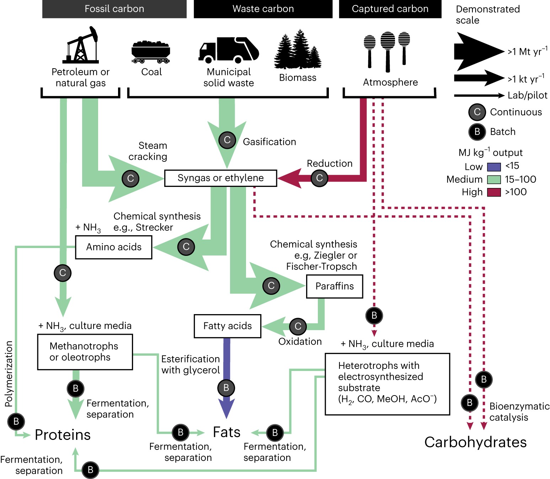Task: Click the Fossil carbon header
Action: pos(114,9)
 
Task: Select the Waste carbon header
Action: pos(263,9)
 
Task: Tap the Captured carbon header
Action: pos(390,9)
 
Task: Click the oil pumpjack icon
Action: pos(81,45)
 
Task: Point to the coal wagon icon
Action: pos(151,52)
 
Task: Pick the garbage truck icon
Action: pos(229,50)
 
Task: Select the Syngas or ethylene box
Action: pos(221,178)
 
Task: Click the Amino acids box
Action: pos(114,247)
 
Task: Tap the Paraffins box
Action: pos(335,286)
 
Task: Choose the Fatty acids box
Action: pos(228,326)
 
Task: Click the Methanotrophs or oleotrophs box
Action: pos(85,352)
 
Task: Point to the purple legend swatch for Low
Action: pos(494,167)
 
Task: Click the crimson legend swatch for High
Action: pos(494,192)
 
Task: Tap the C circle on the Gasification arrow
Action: pos(227,140)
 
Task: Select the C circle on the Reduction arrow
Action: pos(319,178)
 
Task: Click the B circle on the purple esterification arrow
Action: pos(226,388)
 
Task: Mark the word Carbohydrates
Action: pos(475,442)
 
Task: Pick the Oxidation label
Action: pos(300,341)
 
